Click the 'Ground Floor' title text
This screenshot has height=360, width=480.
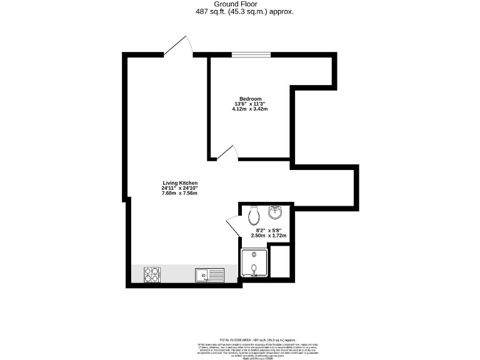tap(240, 4)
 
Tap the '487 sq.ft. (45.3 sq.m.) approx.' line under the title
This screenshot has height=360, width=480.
tap(240, 11)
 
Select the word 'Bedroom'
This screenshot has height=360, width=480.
tap(249, 98)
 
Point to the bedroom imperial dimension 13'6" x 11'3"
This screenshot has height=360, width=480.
tap(249, 104)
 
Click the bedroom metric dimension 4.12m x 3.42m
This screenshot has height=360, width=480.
tap(249, 109)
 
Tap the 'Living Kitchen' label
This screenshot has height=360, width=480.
tap(179, 182)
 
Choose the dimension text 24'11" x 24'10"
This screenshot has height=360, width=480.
tap(179, 188)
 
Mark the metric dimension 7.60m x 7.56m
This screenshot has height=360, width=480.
tap(179, 194)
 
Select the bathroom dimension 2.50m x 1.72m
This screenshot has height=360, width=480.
tap(268, 236)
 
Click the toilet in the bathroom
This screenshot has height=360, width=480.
tap(254, 216)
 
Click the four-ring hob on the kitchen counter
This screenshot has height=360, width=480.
tap(152, 274)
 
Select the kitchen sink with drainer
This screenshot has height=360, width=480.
tap(209, 274)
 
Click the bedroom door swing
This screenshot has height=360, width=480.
tap(226, 153)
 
